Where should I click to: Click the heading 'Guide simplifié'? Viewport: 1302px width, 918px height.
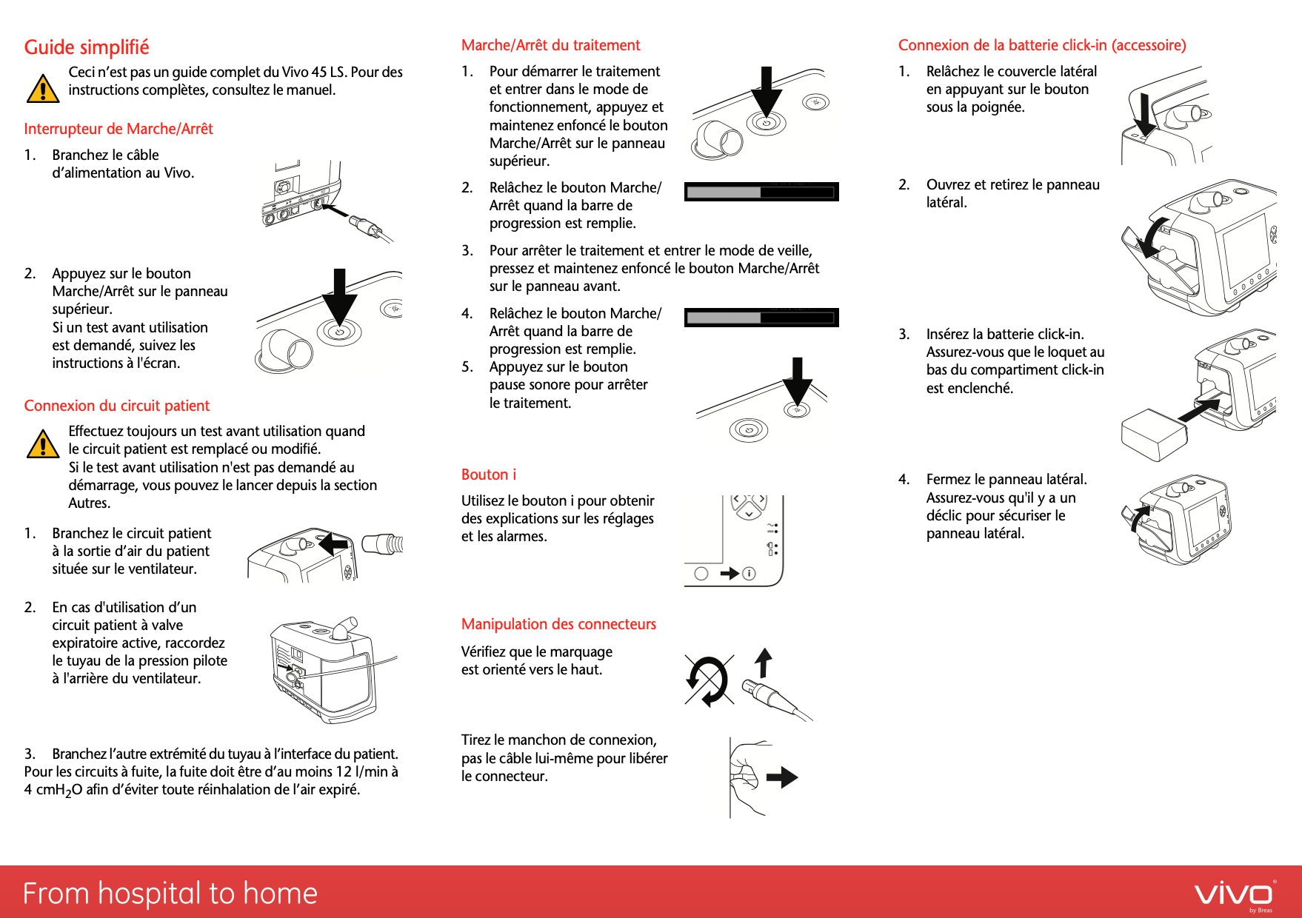click(x=87, y=47)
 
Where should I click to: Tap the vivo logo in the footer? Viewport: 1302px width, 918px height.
click(x=1234, y=894)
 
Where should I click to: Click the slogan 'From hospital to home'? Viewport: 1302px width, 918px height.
click(x=170, y=894)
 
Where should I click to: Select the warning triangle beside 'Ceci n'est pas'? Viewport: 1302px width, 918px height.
click(x=43, y=89)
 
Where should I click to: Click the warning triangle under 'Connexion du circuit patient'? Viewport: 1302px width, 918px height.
click(x=43, y=444)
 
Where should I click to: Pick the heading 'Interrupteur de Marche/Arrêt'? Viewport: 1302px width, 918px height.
click(x=118, y=129)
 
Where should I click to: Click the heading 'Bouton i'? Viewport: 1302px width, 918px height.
click(x=489, y=475)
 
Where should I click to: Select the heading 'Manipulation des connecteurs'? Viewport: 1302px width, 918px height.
click(x=558, y=624)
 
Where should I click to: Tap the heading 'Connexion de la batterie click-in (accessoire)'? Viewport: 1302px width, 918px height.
click(x=1041, y=45)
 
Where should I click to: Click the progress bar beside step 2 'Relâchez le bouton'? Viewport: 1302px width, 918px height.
click(x=761, y=192)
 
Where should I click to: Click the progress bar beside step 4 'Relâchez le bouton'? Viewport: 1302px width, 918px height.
click(x=761, y=318)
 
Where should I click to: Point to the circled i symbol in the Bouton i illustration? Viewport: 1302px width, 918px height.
click(x=749, y=573)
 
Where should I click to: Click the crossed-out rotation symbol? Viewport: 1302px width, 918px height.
click(x=709, y=680)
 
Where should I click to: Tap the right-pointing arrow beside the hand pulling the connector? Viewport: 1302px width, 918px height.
click(x=782, y=777)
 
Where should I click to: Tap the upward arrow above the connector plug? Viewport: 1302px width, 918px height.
click(x=764, y=662)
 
